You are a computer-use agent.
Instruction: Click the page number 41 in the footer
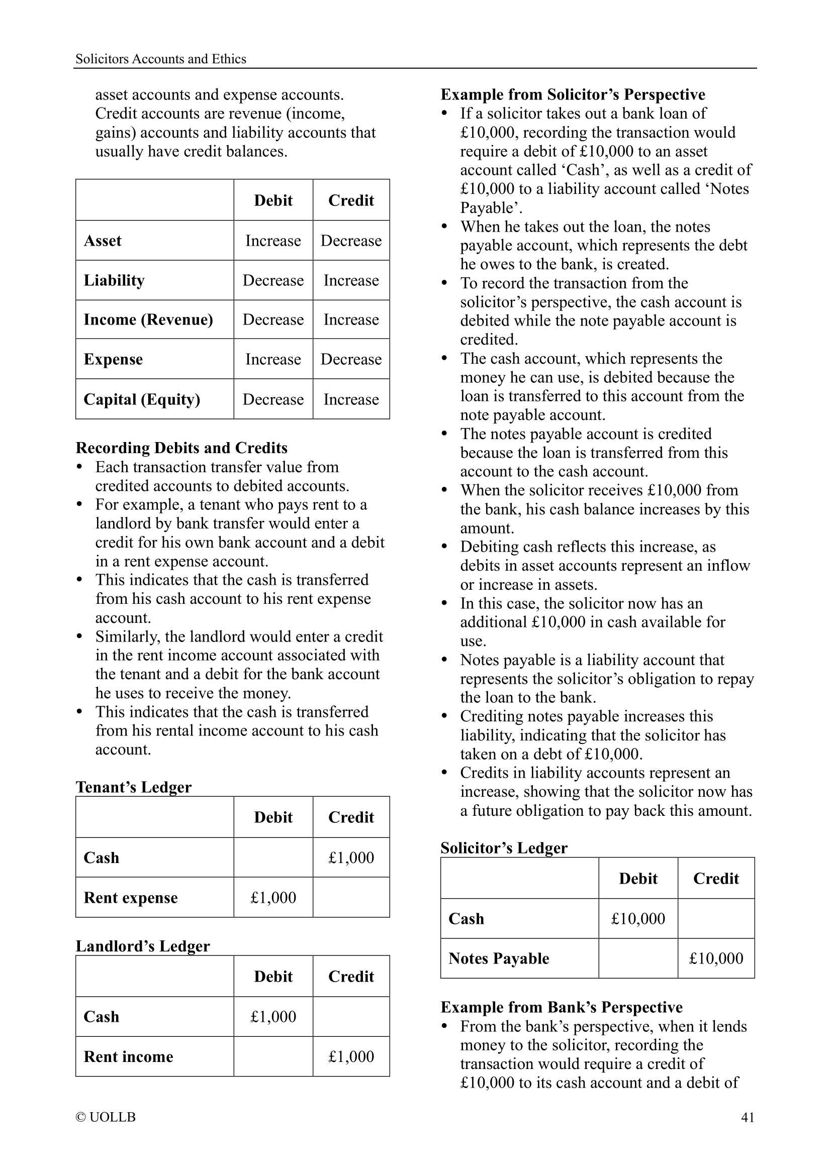(747, 1117)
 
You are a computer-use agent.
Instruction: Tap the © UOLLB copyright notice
(106, 1117)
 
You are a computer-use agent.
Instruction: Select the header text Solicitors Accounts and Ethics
(161, 59)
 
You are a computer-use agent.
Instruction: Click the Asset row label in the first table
(103, 241)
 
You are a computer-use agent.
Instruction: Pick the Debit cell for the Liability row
(273, 280)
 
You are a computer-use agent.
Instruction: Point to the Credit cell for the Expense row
(351, 359)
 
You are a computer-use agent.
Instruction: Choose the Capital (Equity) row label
(142, 399)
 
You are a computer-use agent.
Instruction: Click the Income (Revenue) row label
(148, 319)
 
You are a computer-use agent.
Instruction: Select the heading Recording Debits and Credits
(181, 448)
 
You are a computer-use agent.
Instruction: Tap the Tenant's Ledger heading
(134, 787)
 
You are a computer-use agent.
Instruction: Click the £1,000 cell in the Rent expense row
(273, 898)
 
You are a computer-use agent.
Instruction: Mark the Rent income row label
(129, 1057)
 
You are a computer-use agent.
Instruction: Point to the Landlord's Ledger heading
(143, 946)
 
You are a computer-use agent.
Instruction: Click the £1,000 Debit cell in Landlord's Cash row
(273, 1016)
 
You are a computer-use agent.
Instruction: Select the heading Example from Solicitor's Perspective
(573, 94)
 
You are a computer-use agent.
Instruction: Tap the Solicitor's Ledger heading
(504, 848)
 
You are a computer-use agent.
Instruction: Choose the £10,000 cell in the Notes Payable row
(716, 958)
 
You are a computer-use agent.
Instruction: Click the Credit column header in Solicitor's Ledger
(716, 879)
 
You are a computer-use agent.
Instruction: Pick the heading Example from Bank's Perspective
(561, 1007)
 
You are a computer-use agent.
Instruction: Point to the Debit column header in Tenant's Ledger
(273, 817)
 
